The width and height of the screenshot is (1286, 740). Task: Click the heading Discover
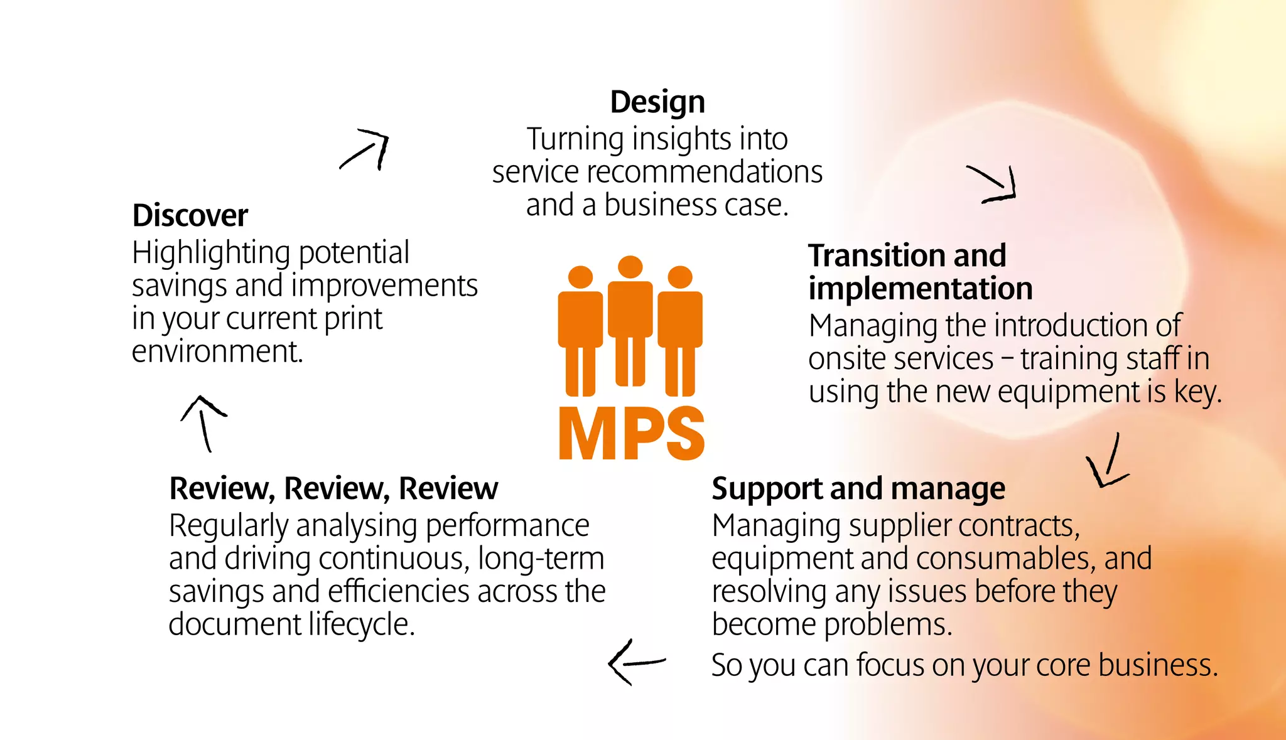point(190,216)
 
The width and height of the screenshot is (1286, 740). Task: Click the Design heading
point(657,102)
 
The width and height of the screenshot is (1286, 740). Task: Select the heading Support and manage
point(858,488)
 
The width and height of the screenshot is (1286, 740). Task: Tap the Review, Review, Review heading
point(333,488)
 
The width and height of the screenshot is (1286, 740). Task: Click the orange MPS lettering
point(631,433)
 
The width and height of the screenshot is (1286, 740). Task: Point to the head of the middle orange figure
point(630,267)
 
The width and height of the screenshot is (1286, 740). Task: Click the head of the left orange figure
point(580,277)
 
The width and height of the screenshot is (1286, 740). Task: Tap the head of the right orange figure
point(680,277)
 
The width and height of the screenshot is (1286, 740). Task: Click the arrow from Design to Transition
point(993,184)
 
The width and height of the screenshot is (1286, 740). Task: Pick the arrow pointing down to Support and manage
point(1108,463)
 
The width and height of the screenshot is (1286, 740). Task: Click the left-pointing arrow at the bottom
point(635,662)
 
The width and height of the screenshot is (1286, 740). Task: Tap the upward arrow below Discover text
point(203,422)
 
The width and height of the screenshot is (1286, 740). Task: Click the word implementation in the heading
point(921,289)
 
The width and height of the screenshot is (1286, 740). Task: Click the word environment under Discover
point(217,351)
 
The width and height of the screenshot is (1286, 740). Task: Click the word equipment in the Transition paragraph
point(1067,392)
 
